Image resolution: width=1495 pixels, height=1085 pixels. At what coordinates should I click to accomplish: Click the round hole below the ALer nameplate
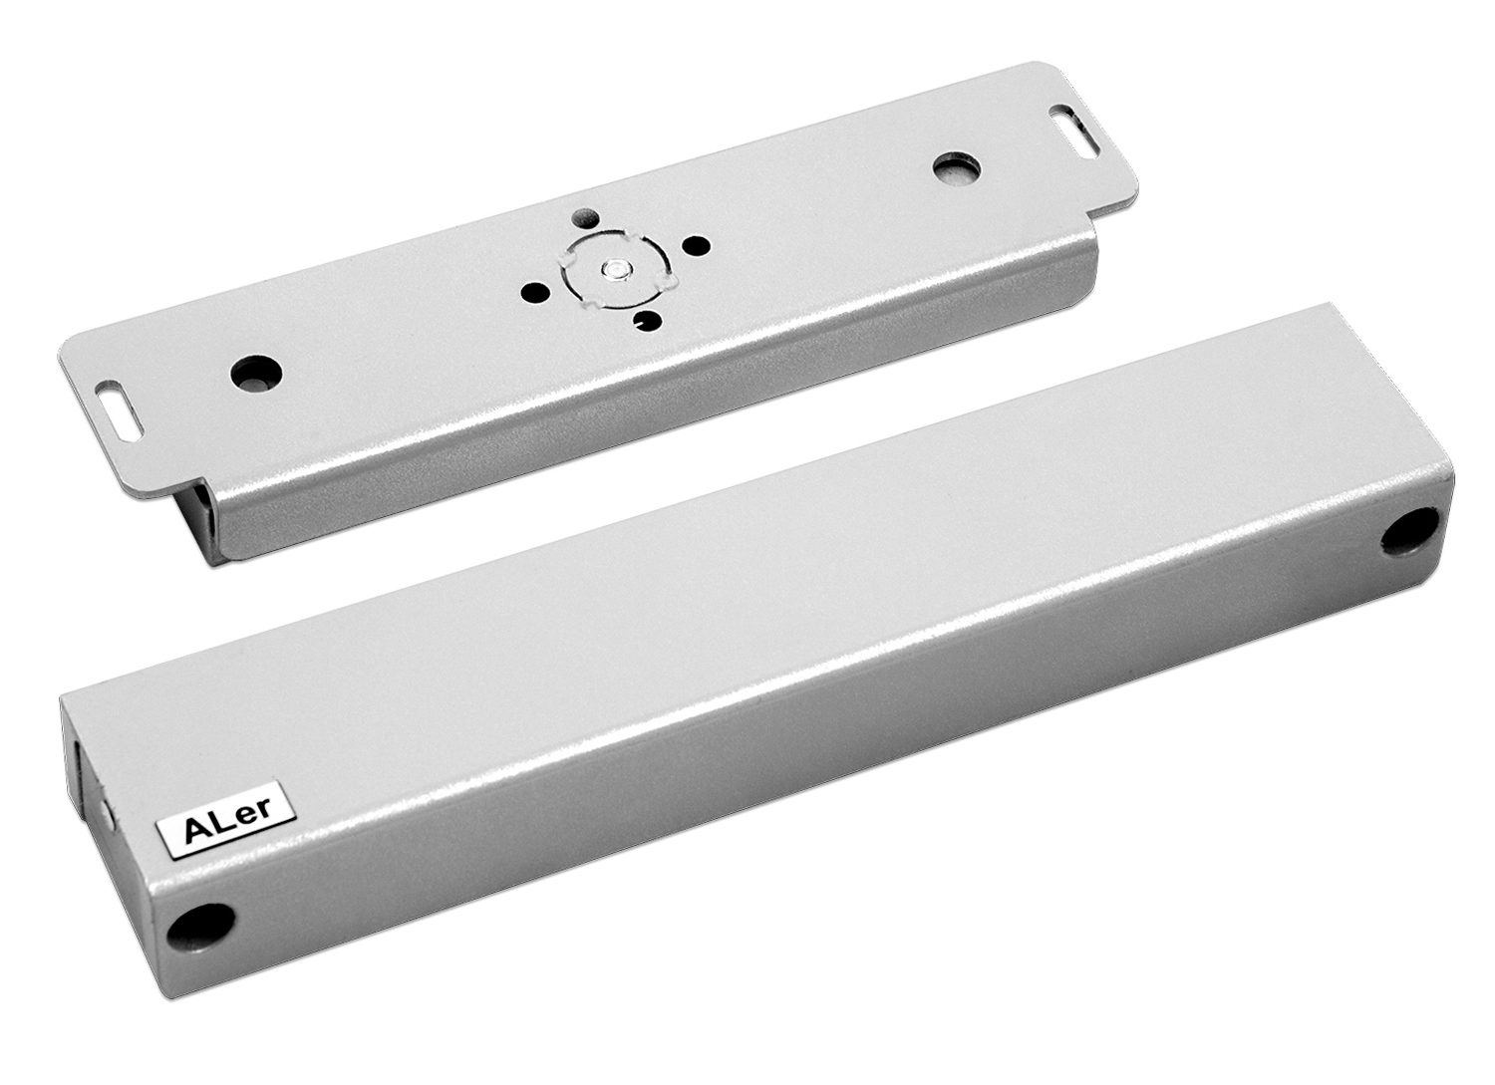[x=200, y=928]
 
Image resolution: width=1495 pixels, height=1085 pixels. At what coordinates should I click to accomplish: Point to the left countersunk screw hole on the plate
[x=256, y=372]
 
